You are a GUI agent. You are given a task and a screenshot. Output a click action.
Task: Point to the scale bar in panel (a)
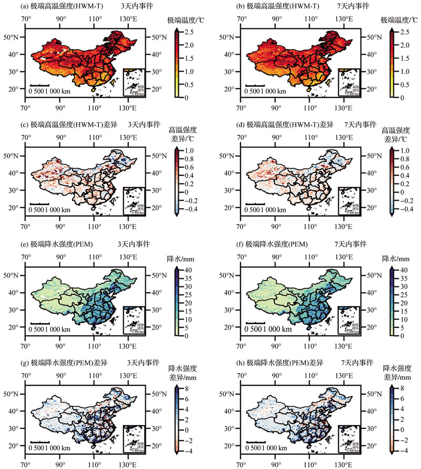39,85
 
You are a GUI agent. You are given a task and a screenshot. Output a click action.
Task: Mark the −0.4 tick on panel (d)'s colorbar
402,209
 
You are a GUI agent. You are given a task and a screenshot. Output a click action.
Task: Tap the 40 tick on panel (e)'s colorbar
186,270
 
